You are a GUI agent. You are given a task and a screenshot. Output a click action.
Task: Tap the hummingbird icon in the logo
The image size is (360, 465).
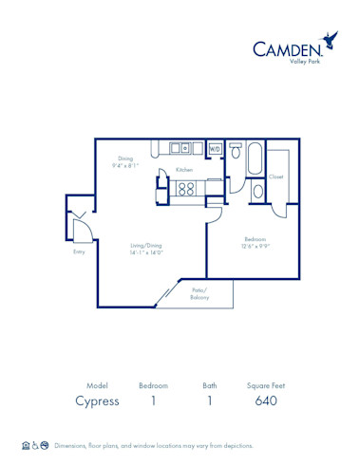330,40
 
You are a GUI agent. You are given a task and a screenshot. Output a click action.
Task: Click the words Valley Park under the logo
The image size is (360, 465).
304,62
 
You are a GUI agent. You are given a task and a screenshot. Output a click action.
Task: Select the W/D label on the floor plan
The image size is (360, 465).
214,149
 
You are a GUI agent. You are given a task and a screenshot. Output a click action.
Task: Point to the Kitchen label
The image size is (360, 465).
183,169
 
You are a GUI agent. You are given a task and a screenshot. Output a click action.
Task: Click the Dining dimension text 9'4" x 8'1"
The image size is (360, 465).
125,165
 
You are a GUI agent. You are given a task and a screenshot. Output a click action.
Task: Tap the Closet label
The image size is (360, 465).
275,177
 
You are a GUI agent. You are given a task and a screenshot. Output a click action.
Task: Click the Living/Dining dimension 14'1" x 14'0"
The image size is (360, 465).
146,252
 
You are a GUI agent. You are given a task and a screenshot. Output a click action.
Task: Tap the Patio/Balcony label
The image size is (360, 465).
199,293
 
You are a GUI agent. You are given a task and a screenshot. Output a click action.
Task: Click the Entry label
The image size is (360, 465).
79,251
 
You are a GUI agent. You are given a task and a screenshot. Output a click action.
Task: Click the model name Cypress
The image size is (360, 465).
97,400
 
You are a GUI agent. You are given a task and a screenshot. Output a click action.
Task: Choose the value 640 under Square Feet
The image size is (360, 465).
266,400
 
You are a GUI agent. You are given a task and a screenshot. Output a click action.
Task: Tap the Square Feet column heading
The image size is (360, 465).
266,385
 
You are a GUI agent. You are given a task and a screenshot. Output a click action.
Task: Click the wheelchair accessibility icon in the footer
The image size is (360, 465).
35,445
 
